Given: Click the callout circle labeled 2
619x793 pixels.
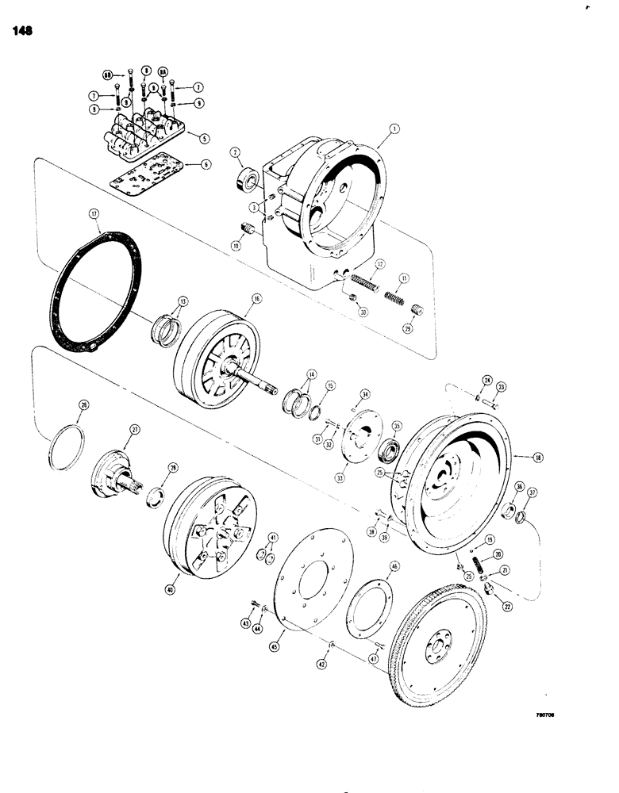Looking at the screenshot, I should coord(213,152).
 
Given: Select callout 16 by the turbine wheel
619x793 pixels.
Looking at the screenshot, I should coord(256,299).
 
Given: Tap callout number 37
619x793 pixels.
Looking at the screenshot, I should coord(532,492).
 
